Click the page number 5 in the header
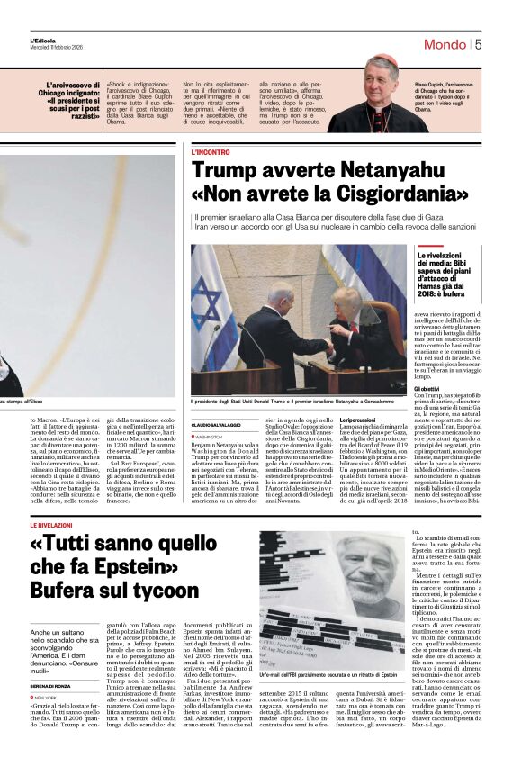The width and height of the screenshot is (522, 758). point(503,43)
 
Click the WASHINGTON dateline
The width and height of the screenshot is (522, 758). point(215,437)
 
